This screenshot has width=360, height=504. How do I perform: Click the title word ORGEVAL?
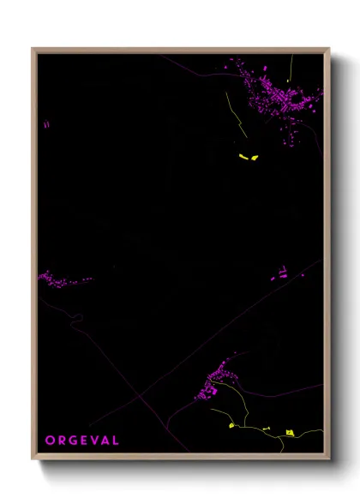click(82, 441)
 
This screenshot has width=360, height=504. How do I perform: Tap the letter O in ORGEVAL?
click(50, 441)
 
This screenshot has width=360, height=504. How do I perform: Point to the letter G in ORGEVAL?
click(72, 441)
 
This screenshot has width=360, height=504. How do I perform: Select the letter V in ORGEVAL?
click(93, 441)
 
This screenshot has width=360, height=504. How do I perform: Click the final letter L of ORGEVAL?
click(116, 441)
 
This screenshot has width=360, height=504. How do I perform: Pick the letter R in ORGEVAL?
click(61, 441)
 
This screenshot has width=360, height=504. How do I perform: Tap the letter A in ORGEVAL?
click(105, 441)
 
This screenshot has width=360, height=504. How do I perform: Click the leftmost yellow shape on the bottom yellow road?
click(231, 426)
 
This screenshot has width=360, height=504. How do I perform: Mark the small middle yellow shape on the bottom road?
click(266, 429)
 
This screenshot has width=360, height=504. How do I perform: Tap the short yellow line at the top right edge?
click(291, 65)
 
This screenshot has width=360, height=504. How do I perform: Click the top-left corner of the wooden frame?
click(33, 49)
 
